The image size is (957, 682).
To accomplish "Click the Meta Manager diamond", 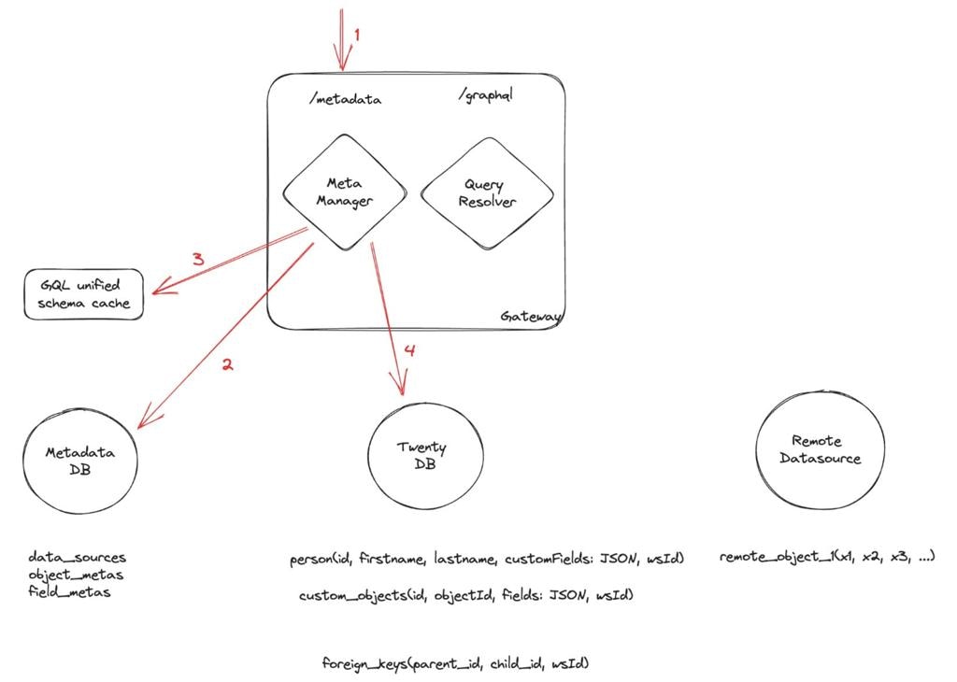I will (x=344, y=192).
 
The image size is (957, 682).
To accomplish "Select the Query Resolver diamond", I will (x=487, y=193).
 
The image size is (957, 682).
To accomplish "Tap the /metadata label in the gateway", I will (x=344, y=97).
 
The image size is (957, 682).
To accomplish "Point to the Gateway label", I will (x=530, y=317).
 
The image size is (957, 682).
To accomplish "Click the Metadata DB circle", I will (x=80, y=461).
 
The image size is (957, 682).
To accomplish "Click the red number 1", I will (x=356, y=35).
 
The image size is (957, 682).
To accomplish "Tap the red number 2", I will (x=226, y=364).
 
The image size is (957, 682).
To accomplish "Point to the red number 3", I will (x=198, y=260).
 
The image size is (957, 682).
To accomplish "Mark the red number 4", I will (x=407, y=351).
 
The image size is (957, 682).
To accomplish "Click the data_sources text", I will (x=77, y=558).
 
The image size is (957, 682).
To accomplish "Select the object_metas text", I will (x=76, y=575).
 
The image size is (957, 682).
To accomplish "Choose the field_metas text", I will (x=69, y=591).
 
